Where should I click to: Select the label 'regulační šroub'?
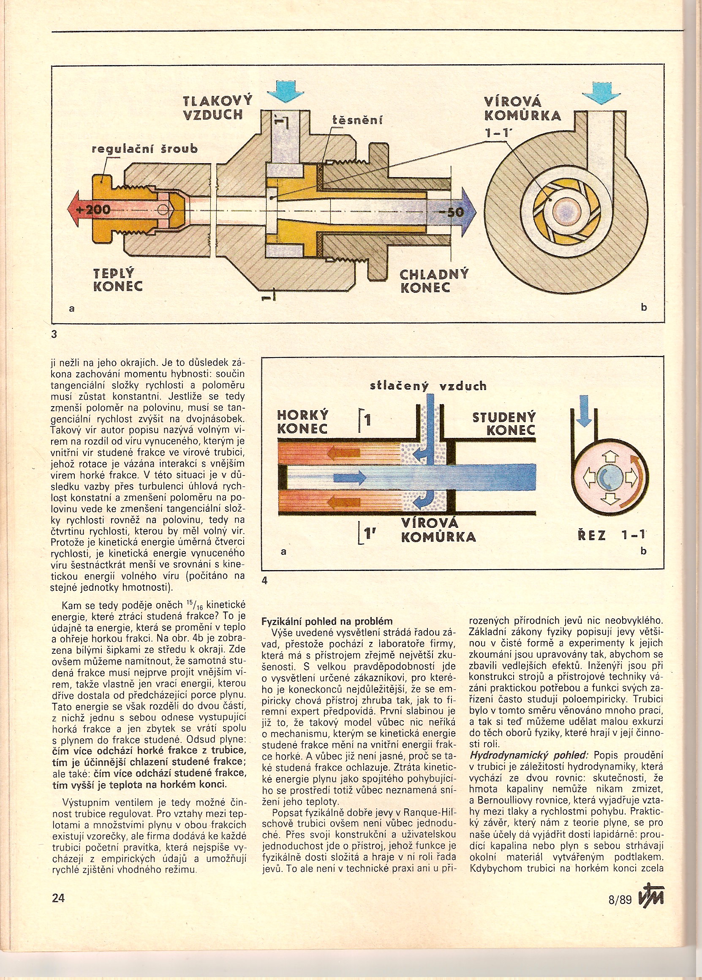pos(145,149)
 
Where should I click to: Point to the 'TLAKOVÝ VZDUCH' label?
pos(217,108)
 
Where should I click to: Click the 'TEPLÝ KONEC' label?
pos(117,280)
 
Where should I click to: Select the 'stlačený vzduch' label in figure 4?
pos(428,386)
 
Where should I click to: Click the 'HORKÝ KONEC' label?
pos(302,422)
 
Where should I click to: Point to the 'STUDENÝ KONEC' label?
pos(504,423)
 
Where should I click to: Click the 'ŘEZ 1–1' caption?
pos(611,535)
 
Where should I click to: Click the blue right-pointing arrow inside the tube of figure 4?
pos(350,478)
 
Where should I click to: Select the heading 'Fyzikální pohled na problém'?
pos(327,621)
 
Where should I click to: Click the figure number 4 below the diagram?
pos(265,581)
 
